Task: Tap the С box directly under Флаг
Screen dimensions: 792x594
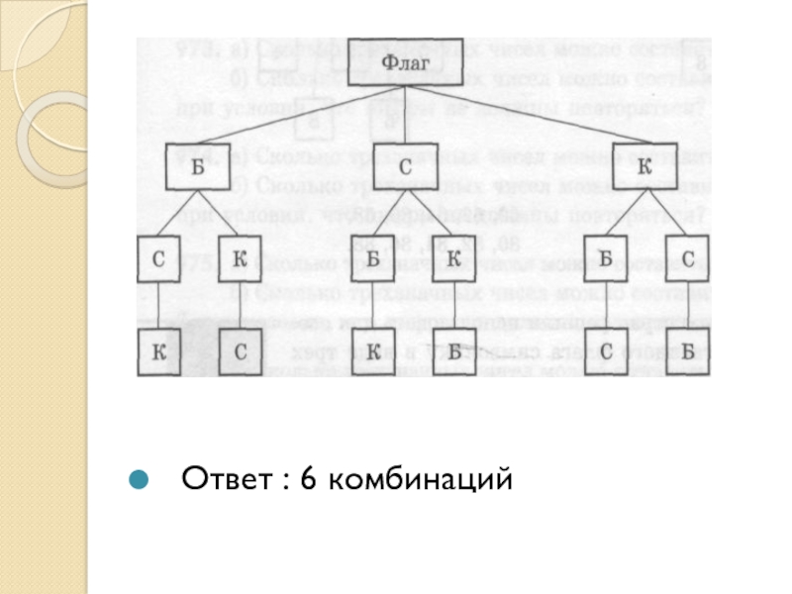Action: [405, 168]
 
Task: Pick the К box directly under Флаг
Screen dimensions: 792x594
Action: [644, 168]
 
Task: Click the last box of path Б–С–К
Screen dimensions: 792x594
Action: [158, 351]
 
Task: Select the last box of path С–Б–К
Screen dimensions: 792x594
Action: [373, 351]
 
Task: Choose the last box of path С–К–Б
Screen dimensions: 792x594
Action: [452, 351]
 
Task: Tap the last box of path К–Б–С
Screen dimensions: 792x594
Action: [605, 351]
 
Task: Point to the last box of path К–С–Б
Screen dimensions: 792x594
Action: [687, 351]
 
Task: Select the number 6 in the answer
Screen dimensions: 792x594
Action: [306, 481]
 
